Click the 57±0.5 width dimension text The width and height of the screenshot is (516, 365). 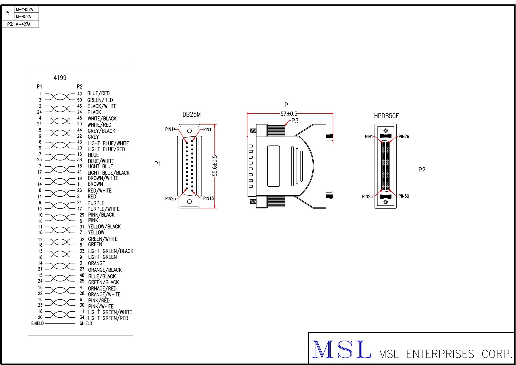(x=289, y=114)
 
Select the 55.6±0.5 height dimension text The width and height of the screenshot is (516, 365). (x=215, y=166)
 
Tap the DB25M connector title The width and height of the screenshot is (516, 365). (x=192, y=115)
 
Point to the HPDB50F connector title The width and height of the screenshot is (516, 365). (x=386, y=116)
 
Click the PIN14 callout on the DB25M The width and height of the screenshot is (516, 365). (x=170, y=129)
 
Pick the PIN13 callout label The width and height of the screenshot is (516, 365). (x=208, y=198)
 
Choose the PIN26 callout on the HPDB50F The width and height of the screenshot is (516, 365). (x=404, y=137)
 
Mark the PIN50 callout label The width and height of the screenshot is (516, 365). (x=404, y=196)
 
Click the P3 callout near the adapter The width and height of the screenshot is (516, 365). (x=295, y=121)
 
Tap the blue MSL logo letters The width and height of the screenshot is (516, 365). (x=341, y=350)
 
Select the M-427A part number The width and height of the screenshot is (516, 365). (x=23, y=24)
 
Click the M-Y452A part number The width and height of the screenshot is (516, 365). (x=24, y=9)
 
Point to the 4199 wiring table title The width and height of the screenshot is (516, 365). (x=60, y=78)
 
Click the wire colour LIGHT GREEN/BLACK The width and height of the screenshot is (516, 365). (x=111, y=251)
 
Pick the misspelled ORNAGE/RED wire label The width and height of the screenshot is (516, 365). (x=102, y=288)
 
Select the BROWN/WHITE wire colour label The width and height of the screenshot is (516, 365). (x=103, y=178)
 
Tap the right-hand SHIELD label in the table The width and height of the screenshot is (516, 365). (x=86, y=323)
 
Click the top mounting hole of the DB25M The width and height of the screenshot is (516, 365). (x=189, y=131)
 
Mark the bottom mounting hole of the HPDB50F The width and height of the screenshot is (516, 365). (x=385, y=202)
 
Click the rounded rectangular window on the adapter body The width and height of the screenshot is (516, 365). (x=273, y=166)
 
